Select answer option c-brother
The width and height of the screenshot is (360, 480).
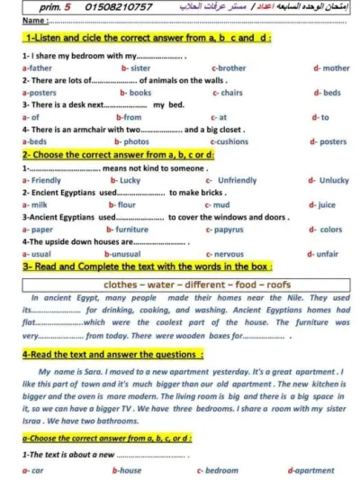click(x=229, y=68)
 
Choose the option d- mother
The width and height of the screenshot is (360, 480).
click(x=331, y=68)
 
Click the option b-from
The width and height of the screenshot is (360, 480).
click(x=129, y=117)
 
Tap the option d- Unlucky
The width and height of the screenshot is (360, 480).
click(x=328, y=180)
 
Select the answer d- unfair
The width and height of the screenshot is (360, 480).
click(x=325, y=254)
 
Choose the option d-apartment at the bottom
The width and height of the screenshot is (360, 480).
click(x=310, y=470)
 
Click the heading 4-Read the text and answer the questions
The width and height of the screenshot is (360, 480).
click(x=112, y=355)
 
